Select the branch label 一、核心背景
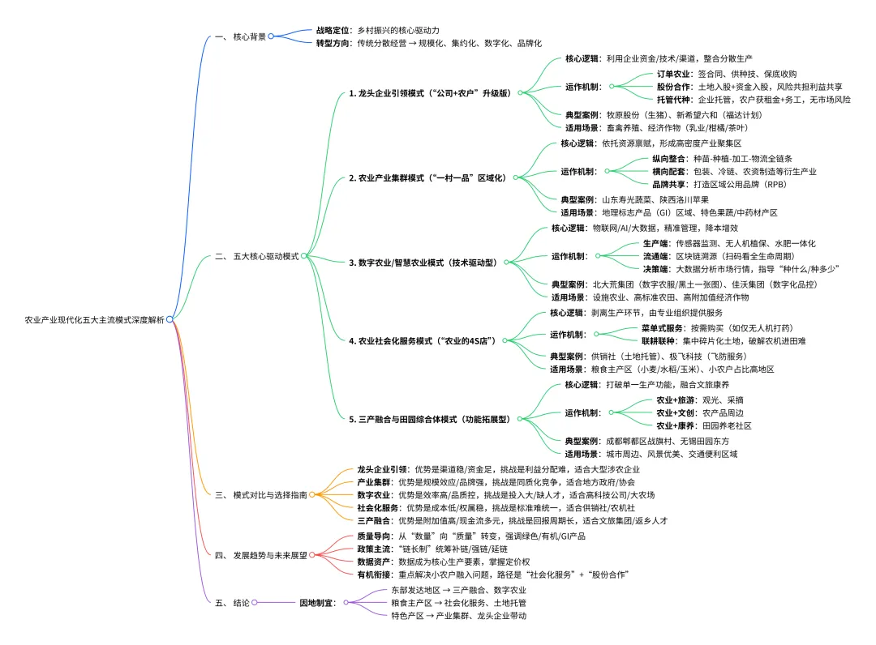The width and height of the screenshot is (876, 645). point(241,36)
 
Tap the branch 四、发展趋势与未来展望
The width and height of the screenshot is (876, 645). point(260,555)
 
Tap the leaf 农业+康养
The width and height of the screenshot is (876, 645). point(675,425)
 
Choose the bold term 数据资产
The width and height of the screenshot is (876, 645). point(375,562)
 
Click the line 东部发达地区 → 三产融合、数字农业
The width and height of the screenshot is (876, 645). point(458,591)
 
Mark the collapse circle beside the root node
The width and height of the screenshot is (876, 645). point(170,320)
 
